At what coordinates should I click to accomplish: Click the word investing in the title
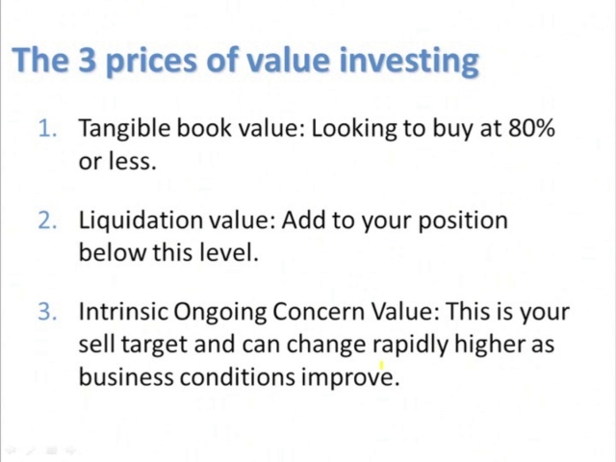(x=409, y=61)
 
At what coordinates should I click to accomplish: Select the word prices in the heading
(x=151, y=62)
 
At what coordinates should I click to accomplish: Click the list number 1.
(x=47, y=128)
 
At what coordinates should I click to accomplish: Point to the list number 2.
(x=47, y=220)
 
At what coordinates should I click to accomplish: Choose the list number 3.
(x=47, y=312)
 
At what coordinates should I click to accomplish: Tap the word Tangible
(x=124, y=129)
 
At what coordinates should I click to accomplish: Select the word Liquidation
(x=141, y=220)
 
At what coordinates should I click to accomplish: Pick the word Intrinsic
(x=123, y=311)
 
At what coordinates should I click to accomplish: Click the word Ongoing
(x=219, y=313)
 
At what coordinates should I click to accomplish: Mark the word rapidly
(x=410, y=346)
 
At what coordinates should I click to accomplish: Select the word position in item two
(x=463, y=221)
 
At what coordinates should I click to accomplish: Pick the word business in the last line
(x=126, y=376)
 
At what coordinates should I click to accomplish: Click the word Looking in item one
(x=354, y=129)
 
